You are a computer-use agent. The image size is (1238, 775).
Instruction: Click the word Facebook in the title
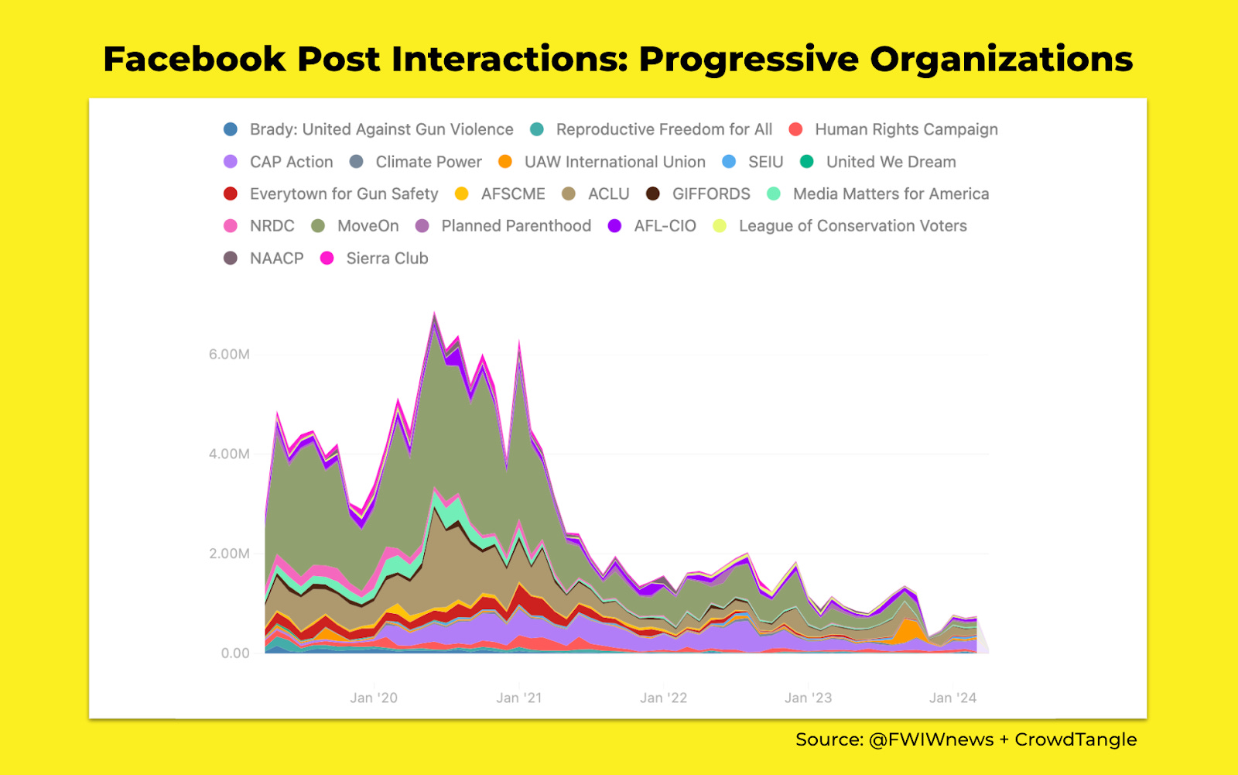[x=194, y=60]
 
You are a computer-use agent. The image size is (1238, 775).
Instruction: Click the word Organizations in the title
[x=1001, y=60]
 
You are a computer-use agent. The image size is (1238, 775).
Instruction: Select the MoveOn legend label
[x=368, y=226]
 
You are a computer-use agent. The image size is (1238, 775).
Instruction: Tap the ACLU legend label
[x=608, y=194]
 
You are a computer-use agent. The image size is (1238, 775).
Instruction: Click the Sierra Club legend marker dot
[x=327, y=259]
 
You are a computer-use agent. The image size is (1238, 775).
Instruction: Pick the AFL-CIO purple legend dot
[x=614, y=226]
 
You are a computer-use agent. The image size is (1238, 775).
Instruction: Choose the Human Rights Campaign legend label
[x=906, y=129]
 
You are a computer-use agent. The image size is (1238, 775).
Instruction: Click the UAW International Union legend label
[x=614, y=162]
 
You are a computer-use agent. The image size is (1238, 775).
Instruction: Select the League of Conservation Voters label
[x=853, y=226]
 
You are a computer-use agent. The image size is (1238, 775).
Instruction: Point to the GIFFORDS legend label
[x=711, y=194]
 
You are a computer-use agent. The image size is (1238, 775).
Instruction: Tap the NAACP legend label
[x=276, y=259]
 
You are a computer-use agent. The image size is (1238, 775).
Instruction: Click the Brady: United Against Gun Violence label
[x=381, y=129]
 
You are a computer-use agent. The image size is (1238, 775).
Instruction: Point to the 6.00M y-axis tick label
[x=229, y=355]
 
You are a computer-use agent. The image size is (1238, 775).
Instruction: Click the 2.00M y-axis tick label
[x=229, y=554]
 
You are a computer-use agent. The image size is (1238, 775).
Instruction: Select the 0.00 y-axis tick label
[x=235, y=653]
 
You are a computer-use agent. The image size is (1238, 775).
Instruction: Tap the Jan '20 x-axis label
[x=374, y=698]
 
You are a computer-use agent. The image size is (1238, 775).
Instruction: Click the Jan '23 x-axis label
[x=808, y=698]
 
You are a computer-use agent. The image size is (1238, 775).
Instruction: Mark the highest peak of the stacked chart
[x=434, y=313]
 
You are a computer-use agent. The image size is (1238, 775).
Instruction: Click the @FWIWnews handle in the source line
[x=931, y=739]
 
